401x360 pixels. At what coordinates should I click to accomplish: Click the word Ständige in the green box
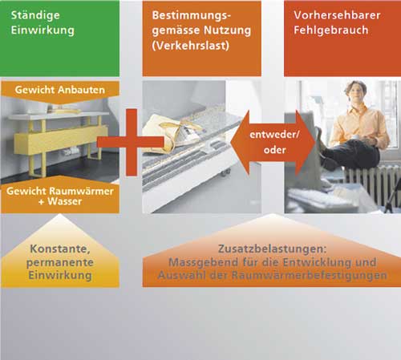(35, 16)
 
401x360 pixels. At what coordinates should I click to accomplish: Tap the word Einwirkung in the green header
(43, 30)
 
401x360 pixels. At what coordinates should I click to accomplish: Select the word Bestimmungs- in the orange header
(192, 16)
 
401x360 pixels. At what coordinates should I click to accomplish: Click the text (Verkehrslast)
(191, 46)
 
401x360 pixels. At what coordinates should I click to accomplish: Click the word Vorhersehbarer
(337, 15)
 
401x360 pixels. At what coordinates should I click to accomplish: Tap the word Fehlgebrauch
(331, 30)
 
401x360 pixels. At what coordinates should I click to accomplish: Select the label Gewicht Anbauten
(60, 90)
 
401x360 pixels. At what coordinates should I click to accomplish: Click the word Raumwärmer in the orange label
(82, 191)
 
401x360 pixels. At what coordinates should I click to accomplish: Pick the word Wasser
(65, 201)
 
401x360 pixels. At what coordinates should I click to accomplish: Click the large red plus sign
(131, 142)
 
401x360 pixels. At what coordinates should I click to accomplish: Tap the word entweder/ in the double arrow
(274, 135)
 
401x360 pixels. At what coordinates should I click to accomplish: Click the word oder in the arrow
(274, 150)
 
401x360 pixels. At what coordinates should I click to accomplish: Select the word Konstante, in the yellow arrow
(60, 249)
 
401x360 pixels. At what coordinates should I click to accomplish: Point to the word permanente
(60, 262)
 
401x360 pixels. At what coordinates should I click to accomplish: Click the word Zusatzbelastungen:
(273, 249)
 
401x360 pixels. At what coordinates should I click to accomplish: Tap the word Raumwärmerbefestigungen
(310, 275)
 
